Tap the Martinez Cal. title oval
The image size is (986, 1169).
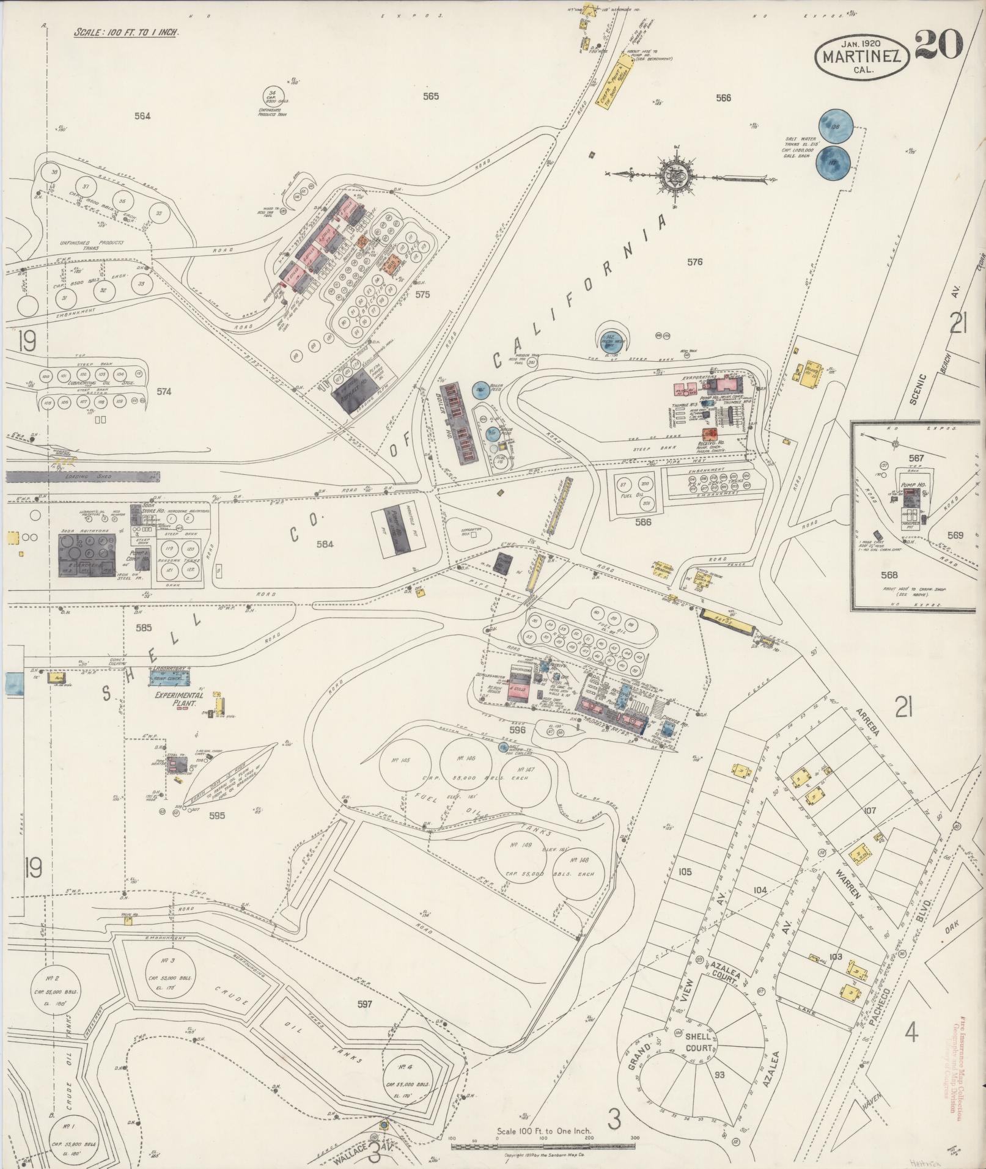coord(861,56)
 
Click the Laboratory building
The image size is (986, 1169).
coord(169,676)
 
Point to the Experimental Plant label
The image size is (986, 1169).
coord(178,699)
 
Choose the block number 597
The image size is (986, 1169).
coord(365,1003)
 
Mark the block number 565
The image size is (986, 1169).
coord(430,96)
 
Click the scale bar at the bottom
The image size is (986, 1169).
coord(543,1146)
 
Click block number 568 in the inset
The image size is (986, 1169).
coord(889,575)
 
